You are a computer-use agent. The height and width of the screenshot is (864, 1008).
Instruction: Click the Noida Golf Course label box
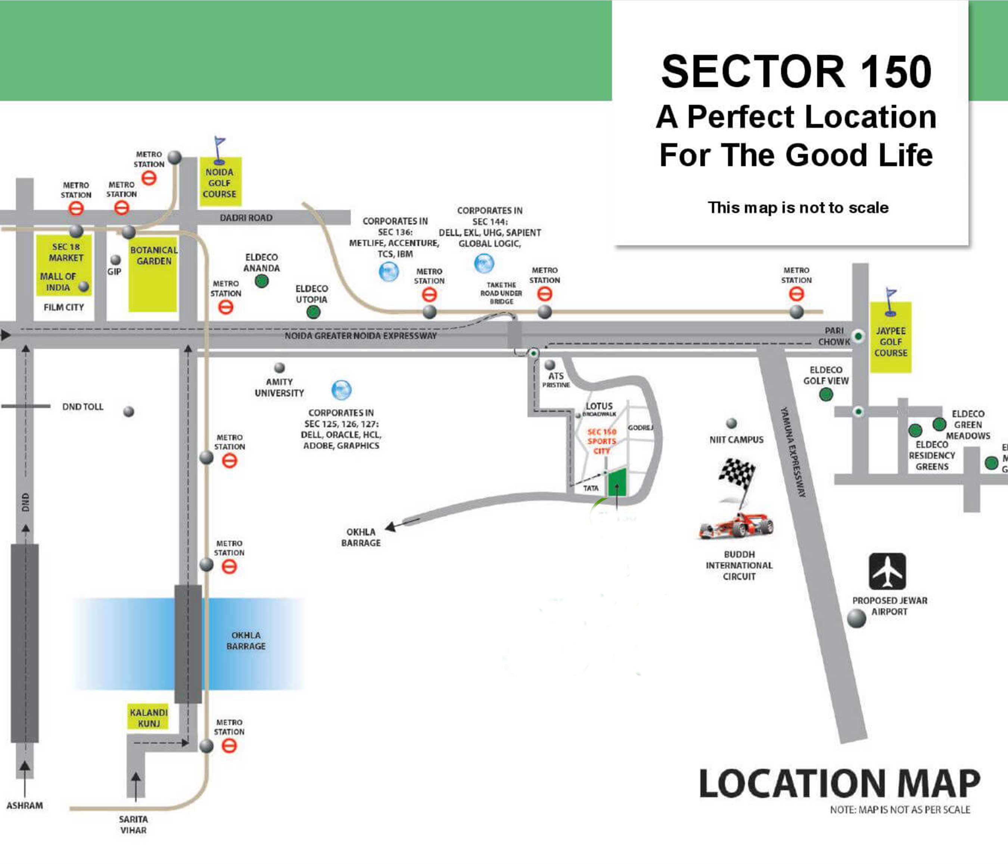coord(220,183)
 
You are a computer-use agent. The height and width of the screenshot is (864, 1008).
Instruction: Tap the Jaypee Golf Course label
coord(891,342)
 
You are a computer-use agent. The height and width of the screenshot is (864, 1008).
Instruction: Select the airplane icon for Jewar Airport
coord(887,571)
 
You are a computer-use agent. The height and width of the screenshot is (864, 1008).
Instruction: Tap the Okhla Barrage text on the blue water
coord(246,640)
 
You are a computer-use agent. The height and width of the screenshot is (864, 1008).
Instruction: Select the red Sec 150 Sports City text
coord(602,441)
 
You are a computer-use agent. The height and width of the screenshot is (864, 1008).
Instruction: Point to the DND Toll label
coord(83,407)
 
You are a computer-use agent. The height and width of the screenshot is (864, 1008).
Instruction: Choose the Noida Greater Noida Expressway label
coord(361,335)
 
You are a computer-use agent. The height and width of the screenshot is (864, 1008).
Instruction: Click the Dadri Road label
coord(246,218)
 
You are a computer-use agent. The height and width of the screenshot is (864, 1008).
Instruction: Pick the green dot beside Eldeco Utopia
coord(313,312)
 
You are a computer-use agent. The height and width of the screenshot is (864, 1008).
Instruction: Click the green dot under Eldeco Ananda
coord(262,281)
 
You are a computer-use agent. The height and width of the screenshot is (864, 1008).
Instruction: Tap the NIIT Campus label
coord(736,439)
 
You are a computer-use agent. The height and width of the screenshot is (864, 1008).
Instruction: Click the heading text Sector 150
coord(796,72)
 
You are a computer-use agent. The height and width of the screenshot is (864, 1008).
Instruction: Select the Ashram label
coord(25,805)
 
